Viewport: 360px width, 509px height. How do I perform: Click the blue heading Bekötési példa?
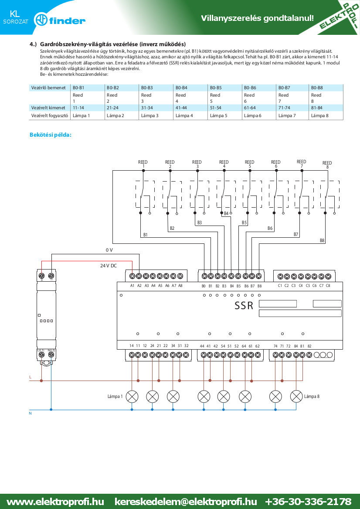pos(51,135)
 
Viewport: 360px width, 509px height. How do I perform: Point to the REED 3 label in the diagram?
pos(197,164)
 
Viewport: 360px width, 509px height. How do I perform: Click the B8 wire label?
pos(322,240)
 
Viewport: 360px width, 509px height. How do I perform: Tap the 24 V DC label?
pos(108,266)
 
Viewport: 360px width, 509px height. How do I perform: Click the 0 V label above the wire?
pos(109,250)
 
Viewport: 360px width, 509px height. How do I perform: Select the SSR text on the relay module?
pos(244,306)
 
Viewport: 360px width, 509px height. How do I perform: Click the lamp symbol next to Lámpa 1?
pos(132,396)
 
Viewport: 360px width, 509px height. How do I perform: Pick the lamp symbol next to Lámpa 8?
pos(296,396)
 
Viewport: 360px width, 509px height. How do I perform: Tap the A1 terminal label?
pos(132,286)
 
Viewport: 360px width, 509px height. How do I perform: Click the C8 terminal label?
pos(328,286)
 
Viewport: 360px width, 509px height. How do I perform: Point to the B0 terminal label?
pos(204,286)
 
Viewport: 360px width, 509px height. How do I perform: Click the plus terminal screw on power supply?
pos(42,276)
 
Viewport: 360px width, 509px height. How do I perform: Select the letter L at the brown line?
pos(31,377)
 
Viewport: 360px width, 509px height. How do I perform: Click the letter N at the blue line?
pos(31,413)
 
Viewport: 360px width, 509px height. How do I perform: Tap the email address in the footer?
pos(186,502)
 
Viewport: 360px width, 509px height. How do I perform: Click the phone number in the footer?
pos(308,502)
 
